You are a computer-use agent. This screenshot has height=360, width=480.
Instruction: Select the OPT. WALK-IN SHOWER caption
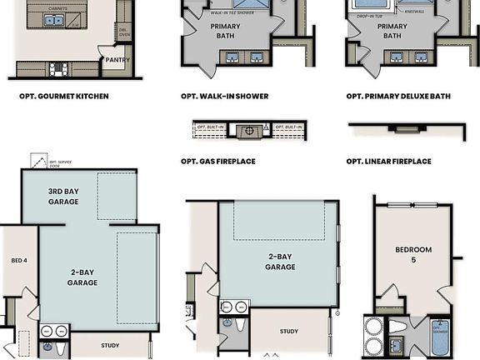[x=225, y=97]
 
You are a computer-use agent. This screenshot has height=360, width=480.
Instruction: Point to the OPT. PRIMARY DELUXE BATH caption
[x=398, y=97]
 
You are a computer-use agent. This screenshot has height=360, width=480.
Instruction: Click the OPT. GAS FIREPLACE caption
[x=218, y=161]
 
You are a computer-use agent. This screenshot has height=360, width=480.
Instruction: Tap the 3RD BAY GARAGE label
[x=63, y=196]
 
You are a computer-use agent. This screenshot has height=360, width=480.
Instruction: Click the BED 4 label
[x=17, y=261]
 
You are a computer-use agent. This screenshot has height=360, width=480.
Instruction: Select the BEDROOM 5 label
[x=412, y=255]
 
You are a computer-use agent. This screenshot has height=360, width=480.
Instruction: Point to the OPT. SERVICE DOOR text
[x=61, y=163]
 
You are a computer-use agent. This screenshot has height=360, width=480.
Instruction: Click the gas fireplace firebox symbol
[x=248, y=131]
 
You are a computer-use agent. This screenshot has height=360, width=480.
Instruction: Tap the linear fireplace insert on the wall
[x=407, y=129]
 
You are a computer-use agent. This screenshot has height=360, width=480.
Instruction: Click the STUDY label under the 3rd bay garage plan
[x=110, y=345]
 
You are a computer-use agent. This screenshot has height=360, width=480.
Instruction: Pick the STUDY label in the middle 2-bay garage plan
[x=288, y=332]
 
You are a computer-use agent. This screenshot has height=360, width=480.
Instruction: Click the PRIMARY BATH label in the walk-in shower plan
[x=224, y=31]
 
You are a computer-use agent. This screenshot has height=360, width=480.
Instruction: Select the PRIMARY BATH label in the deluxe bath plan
[x=392, y=31]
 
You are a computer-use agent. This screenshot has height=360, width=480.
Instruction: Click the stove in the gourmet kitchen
[x=57, y=70]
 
